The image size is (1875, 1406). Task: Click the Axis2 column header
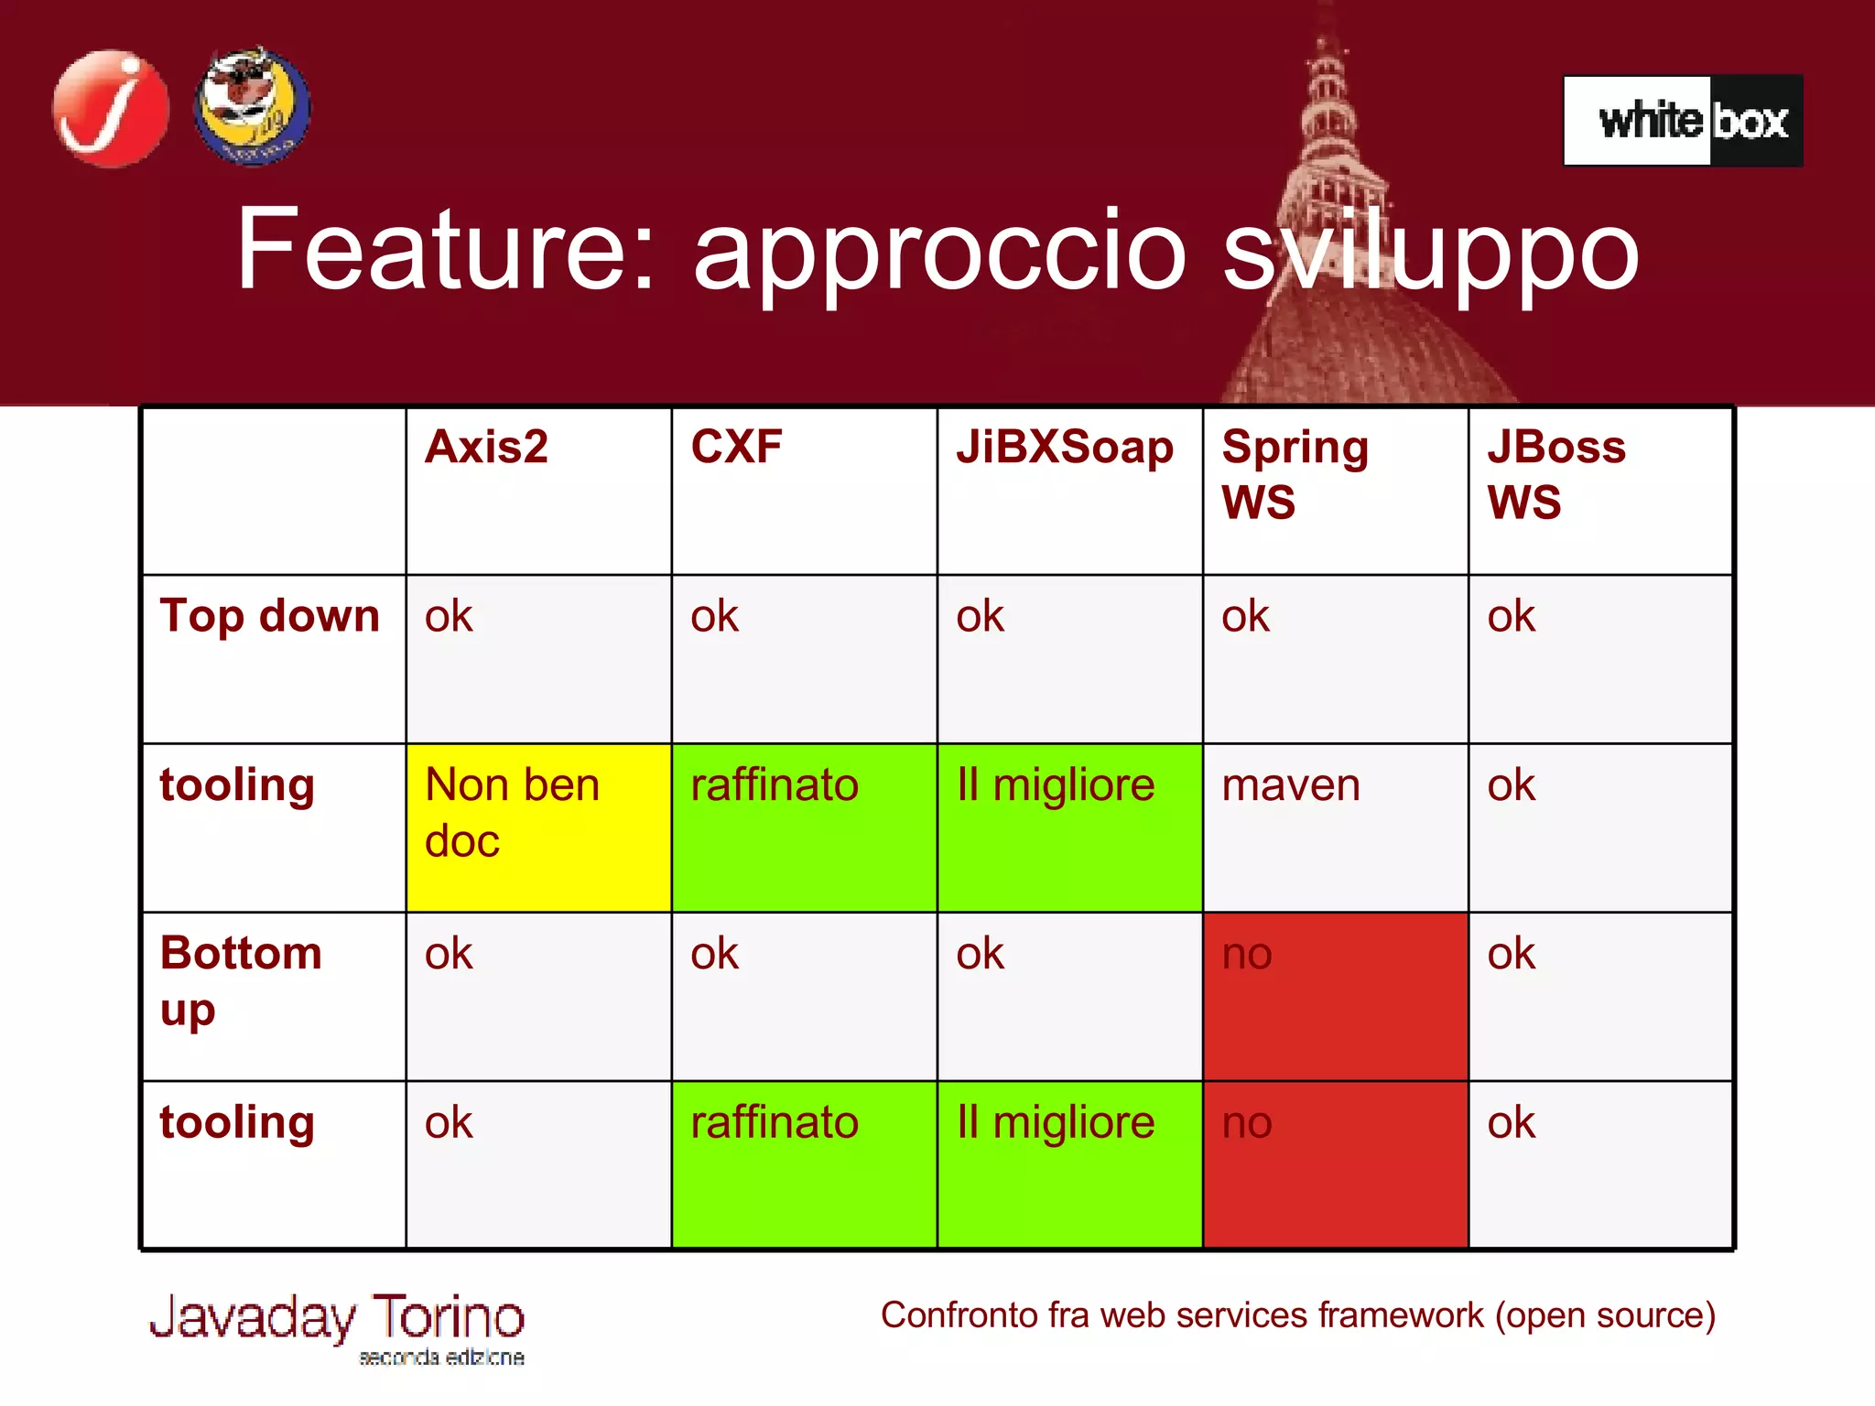click(487, 448)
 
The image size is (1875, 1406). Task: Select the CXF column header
click(736, 448)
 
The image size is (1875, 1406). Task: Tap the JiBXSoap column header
click(1065, 448)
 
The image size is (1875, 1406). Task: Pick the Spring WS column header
click(1295, 474)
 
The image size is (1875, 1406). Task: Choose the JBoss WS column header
click(1556, 474)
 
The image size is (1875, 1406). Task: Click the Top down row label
click(270, 616)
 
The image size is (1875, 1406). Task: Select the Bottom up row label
click(241, 980)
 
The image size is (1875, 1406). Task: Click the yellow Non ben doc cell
click(538, 827)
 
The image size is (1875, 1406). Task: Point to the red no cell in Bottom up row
click(1335, 996)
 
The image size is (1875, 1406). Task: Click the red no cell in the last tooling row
click(1335, 1164)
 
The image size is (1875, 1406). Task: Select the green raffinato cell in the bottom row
click(804, 1164)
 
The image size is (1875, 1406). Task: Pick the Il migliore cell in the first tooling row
click(1069, 827)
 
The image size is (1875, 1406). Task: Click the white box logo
click(1683, 121)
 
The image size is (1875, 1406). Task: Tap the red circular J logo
click(111, 109)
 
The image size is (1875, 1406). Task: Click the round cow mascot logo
click(252, 107)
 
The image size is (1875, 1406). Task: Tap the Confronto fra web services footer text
click(1297, 1315)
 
